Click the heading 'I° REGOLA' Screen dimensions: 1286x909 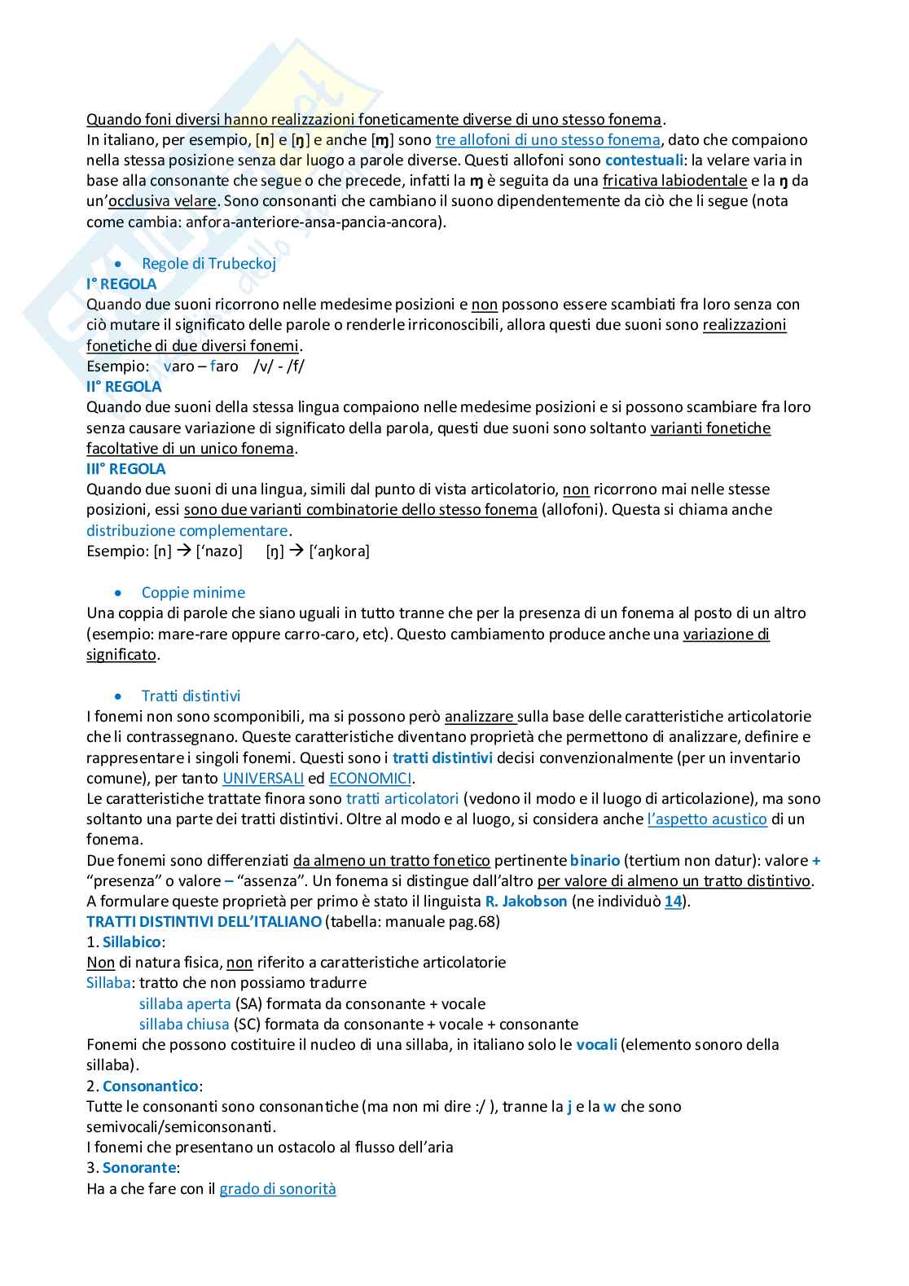point(121,284)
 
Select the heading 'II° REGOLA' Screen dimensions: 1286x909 point(124,387)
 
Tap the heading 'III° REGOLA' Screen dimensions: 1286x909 point(126,469)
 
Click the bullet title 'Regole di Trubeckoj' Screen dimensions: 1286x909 point(209,264)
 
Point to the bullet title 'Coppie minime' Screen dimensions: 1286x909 point(193,593)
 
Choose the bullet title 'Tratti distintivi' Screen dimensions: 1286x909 point(191,696)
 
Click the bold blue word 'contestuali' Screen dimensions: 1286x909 point(644,160)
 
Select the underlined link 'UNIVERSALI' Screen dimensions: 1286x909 point(263,779)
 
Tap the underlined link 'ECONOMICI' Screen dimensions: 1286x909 point(370,779)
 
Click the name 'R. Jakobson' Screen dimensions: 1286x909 point(526,902)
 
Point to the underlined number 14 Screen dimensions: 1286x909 point(673,902)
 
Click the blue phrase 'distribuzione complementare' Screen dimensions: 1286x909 point(187,531)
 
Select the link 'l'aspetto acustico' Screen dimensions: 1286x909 point(707,819)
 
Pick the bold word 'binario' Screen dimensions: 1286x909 point(595,861)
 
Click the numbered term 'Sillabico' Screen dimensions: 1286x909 point(131,942)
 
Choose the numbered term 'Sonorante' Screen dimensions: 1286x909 point(138,1168)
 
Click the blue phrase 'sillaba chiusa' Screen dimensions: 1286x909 point(184,1025)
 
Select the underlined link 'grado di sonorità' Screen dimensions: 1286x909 point(278,1189)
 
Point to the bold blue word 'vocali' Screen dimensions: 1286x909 point(596,1045)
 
